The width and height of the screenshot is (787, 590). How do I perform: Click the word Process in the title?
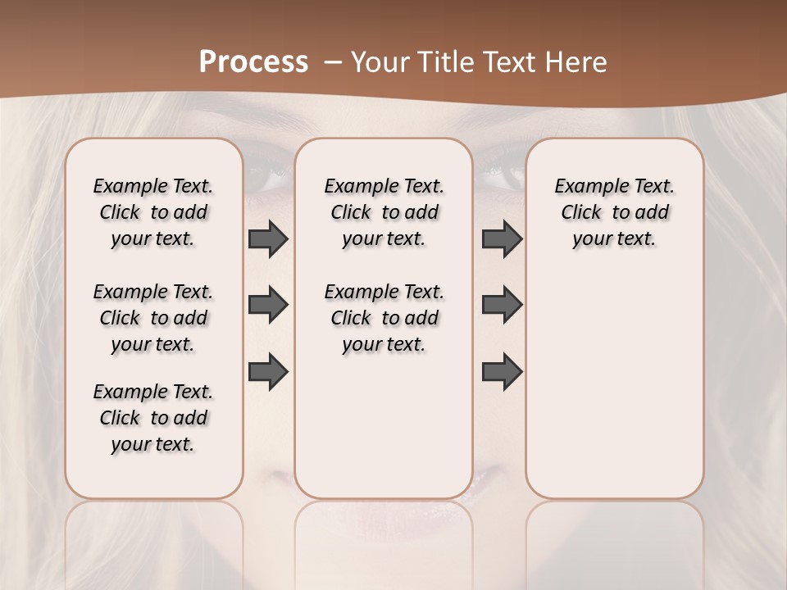253,62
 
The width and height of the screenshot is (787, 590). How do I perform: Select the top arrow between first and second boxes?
268,238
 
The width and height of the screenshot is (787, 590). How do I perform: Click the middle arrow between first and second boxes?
268,305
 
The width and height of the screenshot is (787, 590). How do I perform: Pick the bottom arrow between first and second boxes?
268,371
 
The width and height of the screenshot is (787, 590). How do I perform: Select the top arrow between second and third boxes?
502,238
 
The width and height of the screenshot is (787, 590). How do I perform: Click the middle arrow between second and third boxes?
502,305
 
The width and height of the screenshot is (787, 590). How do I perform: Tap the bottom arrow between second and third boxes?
502,371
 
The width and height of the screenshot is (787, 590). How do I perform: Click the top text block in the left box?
153,212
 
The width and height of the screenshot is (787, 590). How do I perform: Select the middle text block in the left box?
153,318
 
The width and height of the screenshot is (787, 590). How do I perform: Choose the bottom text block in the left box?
153,418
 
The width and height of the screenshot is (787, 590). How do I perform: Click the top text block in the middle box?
384,212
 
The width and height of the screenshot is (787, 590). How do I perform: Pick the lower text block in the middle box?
384,318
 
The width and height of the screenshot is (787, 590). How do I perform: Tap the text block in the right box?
614,212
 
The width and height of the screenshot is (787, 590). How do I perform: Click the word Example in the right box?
585,186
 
